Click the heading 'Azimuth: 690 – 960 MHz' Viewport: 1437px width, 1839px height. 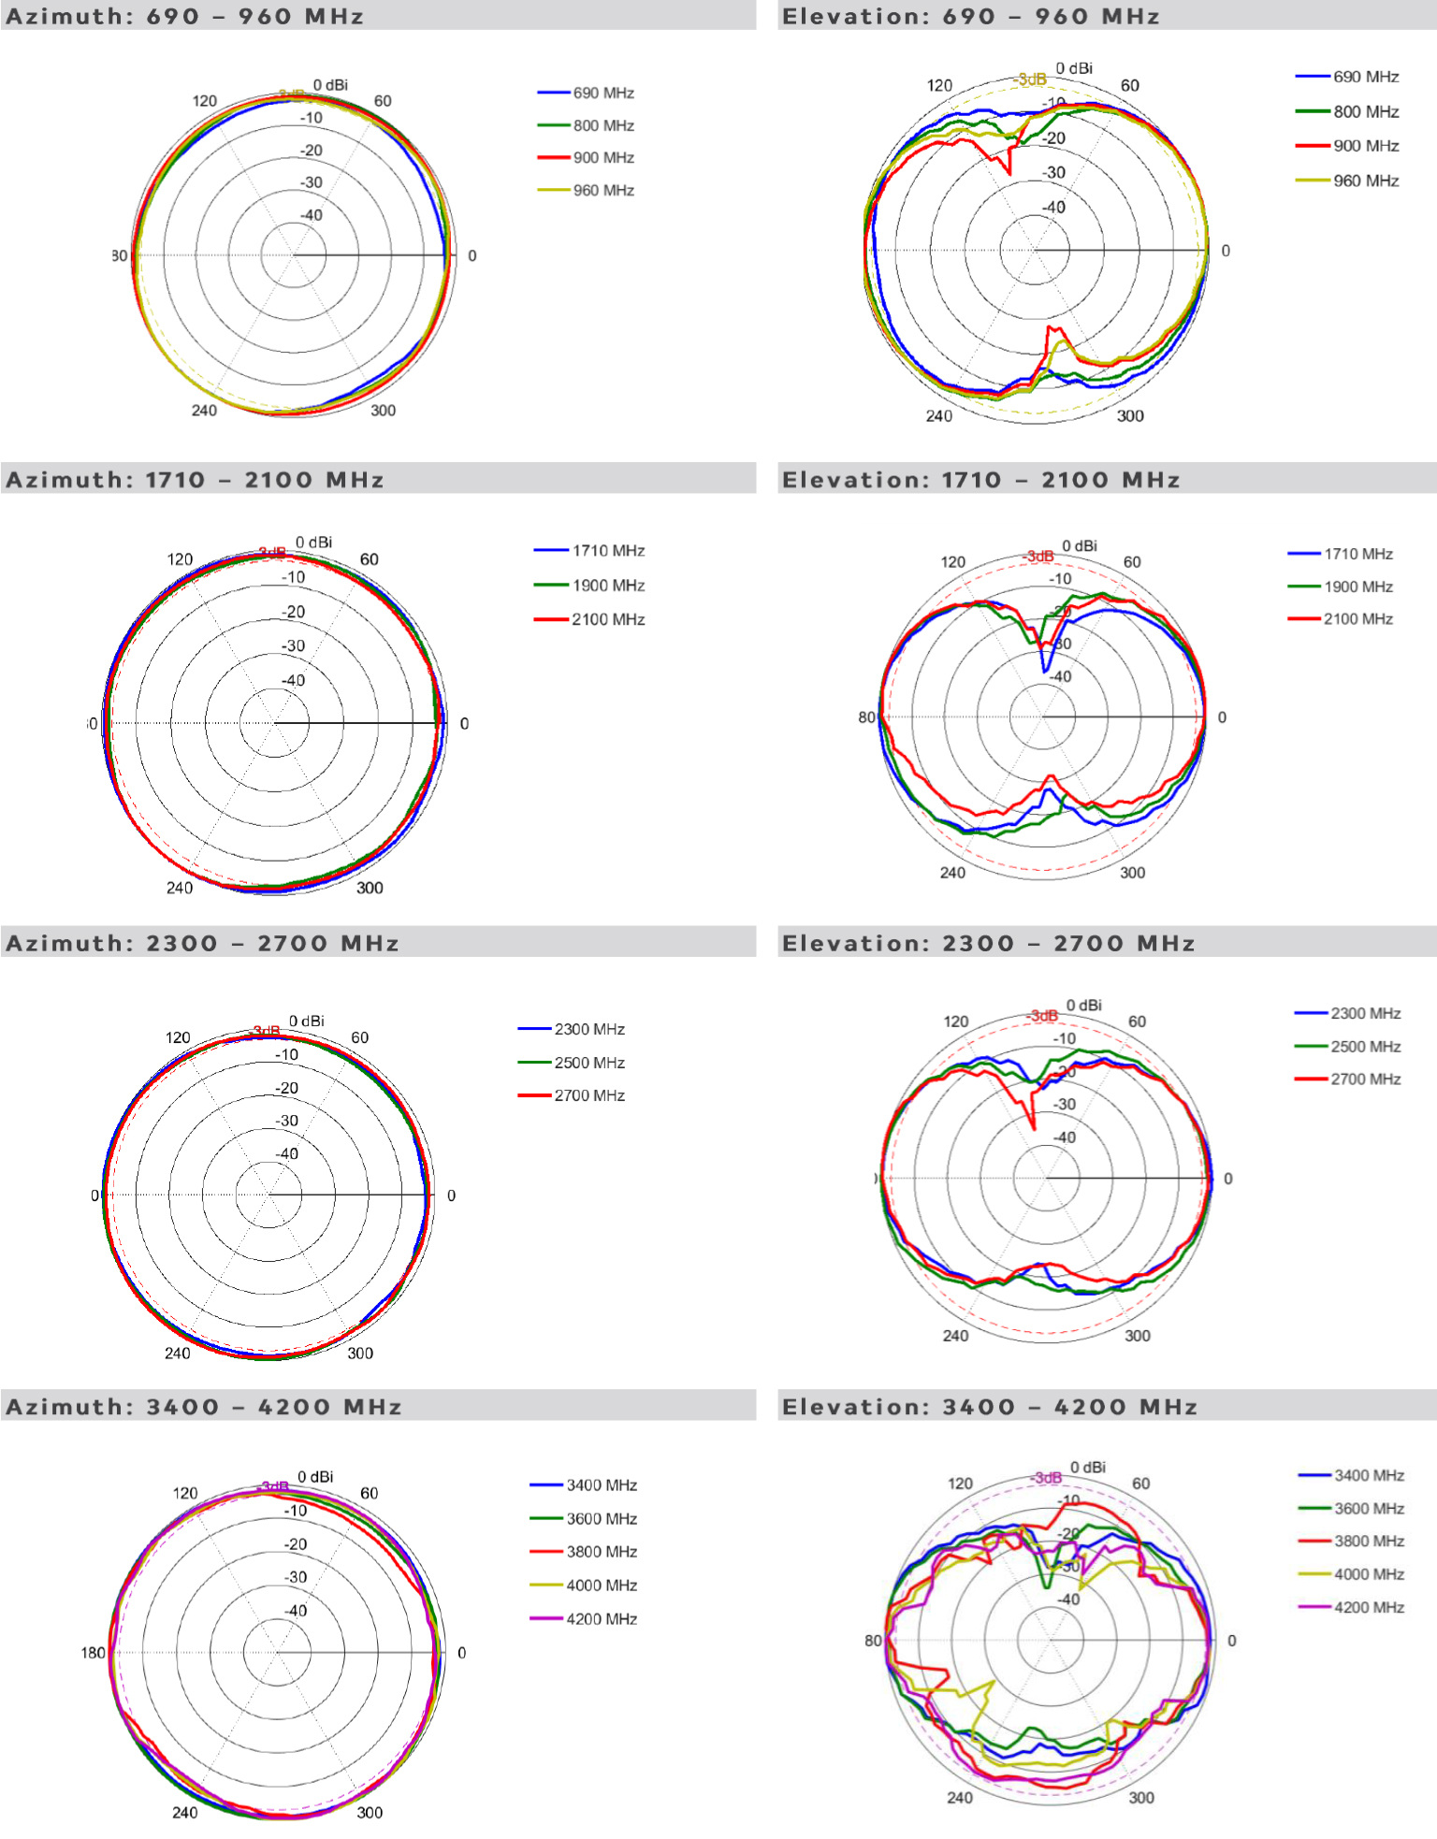pyautogui.click(x=185, y=17)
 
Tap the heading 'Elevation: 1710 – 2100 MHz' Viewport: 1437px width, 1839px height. pyautogui.click(x=980, y=480)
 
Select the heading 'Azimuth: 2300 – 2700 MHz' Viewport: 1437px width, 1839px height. pyautogui.click(x=202, y=943)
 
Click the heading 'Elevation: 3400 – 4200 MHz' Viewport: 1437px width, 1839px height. pyautogui.click(x=990, y=1407)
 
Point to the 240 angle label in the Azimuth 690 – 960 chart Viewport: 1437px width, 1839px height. pyautogui.click(x=204, y=411)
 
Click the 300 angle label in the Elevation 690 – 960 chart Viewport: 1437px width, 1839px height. pyautogui.click(x=1130, y=416)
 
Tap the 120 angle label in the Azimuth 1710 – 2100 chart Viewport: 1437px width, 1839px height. pyautogui.click(x=180, y=559)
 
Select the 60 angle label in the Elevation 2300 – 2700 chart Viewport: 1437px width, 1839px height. pyautogui.click(x=1137, y=1021)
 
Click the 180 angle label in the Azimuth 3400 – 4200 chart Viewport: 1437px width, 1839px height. pyautogui.click(x=93, y=1653)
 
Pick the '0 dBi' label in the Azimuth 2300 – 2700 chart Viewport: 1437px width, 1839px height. pyautogui.click(x=307, y=1021)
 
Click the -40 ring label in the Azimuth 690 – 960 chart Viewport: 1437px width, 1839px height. pyautogui.click(x=311, y=215)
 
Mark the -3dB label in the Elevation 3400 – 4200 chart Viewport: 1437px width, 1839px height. pyautogui.click(x=1047, y=1478)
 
